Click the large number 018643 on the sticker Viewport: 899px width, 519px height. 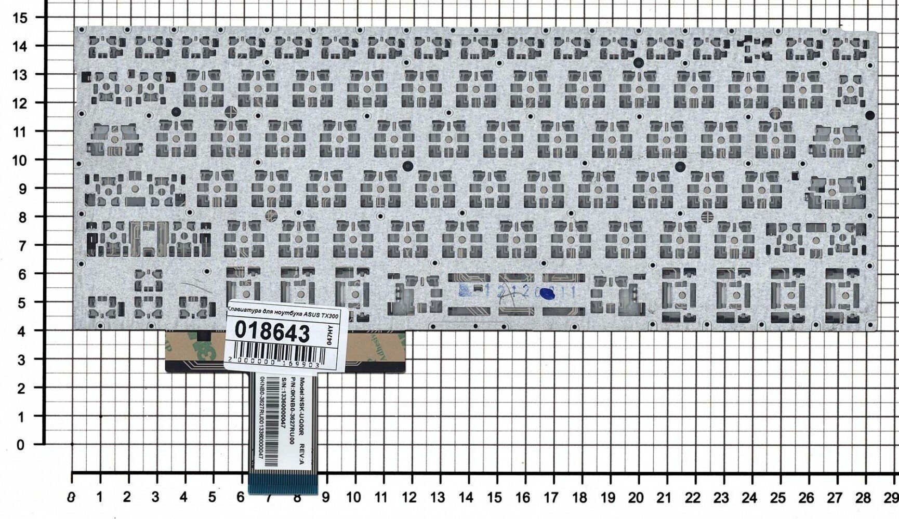[x=272, y=331]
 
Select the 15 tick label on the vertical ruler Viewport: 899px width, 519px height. [x=21, y=18]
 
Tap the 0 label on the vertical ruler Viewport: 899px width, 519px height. [x=21, y=445]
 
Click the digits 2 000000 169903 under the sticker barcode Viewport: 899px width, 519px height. [x=274, y=365]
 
